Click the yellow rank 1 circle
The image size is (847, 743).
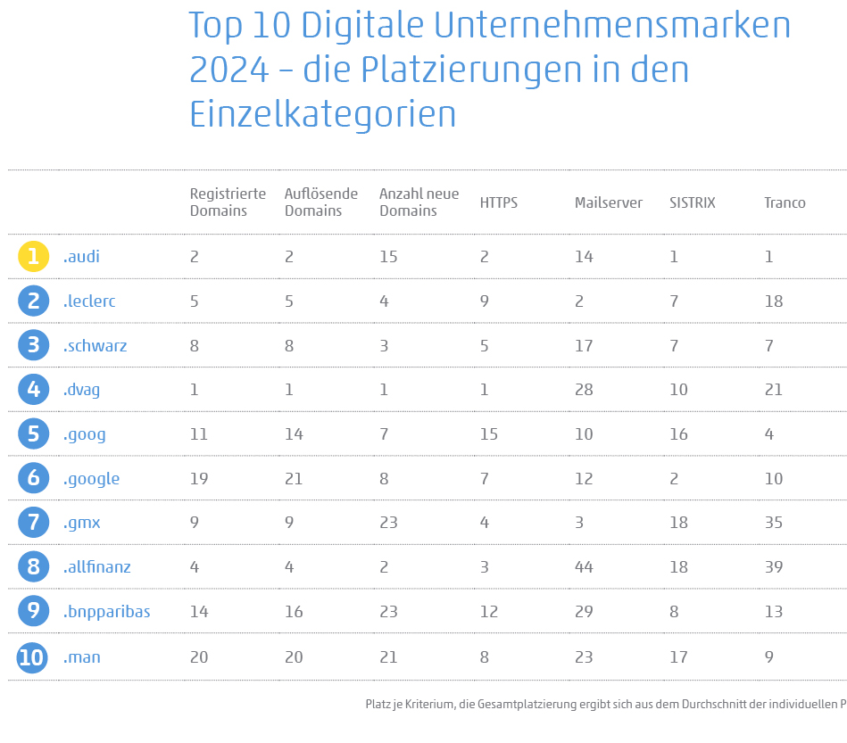33,257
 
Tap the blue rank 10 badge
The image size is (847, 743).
33,657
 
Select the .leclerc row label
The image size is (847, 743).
89,301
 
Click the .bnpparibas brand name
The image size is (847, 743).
106,612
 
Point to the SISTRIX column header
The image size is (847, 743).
692,202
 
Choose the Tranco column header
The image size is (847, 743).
785,202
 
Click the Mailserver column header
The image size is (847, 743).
608,202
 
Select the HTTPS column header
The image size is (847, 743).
498,202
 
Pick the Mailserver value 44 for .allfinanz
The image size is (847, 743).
584,567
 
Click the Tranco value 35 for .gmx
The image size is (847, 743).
773,523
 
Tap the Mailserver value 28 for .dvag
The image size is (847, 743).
584,390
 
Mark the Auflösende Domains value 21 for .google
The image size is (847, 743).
294,479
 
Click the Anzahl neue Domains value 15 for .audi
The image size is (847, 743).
388,257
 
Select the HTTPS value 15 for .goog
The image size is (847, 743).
489,434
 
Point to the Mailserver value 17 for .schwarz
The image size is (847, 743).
584,346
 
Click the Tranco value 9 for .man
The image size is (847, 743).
768,657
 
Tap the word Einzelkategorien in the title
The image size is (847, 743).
322,115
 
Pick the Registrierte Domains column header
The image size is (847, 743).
228,202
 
